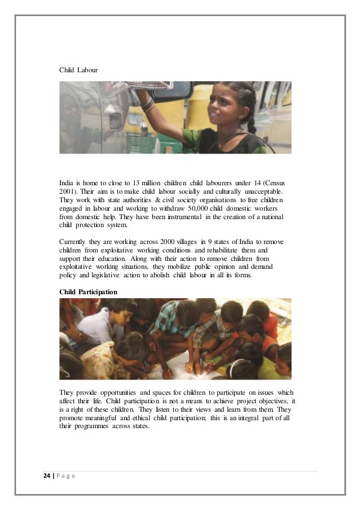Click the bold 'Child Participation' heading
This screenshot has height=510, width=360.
[89, 293]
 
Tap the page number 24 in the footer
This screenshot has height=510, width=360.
[45, 476]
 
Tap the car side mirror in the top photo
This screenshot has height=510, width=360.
[172, 90]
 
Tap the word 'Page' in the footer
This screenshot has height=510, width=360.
[65, 476]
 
